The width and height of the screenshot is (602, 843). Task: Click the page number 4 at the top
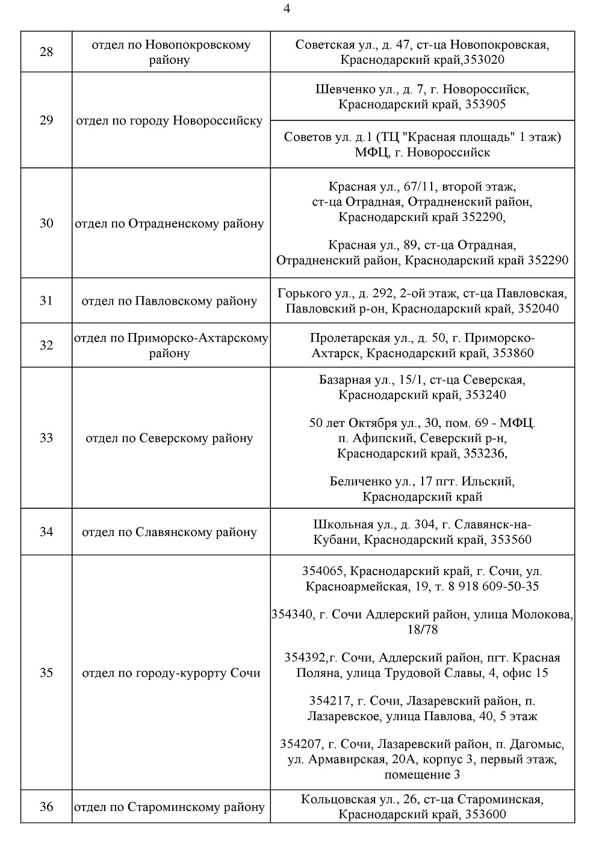coord(287,9)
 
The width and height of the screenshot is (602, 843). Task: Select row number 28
coord(46,52)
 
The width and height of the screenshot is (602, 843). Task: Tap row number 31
coord(46,301)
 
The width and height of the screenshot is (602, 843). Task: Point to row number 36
coord(46,807)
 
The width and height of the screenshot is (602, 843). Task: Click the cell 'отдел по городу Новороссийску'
coord(170,120)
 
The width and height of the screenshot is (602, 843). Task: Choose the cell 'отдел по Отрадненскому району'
coord(170,224)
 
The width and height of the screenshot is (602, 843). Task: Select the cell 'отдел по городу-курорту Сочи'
coord(171,673)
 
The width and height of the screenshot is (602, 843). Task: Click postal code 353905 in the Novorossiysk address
coord(486,105)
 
